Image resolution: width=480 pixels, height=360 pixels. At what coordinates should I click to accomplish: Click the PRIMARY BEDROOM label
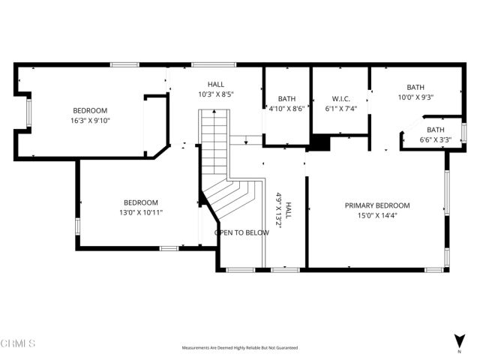click(377, 205)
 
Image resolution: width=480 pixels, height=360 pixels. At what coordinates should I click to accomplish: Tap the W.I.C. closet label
click(340, 98)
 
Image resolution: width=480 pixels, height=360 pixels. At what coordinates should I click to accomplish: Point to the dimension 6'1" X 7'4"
click(340, 108)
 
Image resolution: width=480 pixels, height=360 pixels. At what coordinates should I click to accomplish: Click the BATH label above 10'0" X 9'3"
click(415, 87)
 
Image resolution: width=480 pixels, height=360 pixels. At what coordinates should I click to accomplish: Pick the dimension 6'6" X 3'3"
click(435, 139)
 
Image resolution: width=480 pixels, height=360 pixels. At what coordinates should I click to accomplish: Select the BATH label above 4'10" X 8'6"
click(286, 98)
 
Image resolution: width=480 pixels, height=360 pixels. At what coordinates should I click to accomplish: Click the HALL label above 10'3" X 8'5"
click(215, 85)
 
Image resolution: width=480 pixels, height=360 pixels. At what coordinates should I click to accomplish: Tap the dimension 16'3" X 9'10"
click(90, 120)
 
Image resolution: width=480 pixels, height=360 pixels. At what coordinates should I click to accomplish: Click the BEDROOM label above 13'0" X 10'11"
click(141, 202)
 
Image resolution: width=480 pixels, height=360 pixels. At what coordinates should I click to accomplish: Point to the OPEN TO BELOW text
click(241, 232)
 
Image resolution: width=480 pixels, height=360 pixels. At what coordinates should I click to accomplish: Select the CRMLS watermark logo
click(19, 343)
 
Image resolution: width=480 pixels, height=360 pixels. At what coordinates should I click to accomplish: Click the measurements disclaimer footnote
click(239, 348)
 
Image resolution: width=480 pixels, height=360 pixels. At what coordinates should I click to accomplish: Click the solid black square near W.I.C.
click(320, 143)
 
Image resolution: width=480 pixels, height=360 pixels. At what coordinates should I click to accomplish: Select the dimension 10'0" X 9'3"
click(415, 97)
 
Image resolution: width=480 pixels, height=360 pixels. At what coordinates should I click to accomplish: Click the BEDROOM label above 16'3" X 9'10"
click(90, 110)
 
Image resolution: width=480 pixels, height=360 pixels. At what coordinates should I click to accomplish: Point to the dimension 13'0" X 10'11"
click(141, 212)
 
